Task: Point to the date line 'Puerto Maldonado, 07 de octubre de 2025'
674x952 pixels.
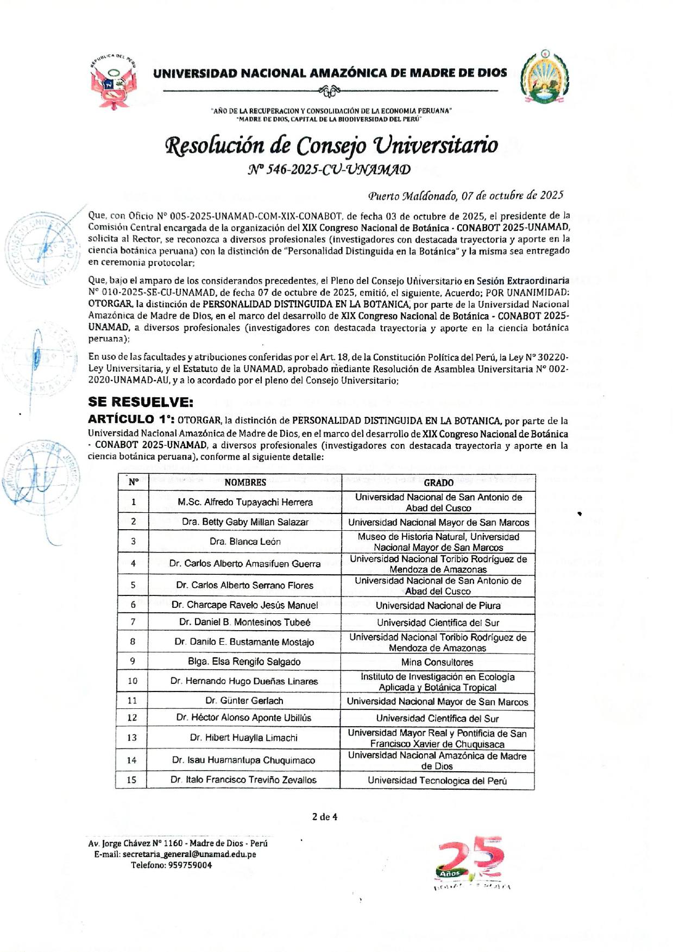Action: pos(465,195)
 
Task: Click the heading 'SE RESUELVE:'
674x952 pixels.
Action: pos(141,402)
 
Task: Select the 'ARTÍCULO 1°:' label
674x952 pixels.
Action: pos(131,419)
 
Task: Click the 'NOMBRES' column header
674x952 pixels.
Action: pos(245,483)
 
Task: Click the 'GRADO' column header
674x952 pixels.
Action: pos(438,483)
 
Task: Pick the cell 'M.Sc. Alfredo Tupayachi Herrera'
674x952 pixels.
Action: pos(245,502)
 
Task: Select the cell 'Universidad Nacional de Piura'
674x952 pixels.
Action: pos(438,605)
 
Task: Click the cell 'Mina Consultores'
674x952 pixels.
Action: pos(437,662)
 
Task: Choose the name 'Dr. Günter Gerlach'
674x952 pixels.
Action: pos(244,701)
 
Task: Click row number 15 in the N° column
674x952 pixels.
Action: pos(131,780)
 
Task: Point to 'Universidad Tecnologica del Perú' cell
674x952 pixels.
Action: pos(437,780)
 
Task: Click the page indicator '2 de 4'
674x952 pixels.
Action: pos(324,817)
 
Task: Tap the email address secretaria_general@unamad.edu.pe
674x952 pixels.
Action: pos(189,854)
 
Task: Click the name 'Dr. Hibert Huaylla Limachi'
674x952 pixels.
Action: pos(244,738)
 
